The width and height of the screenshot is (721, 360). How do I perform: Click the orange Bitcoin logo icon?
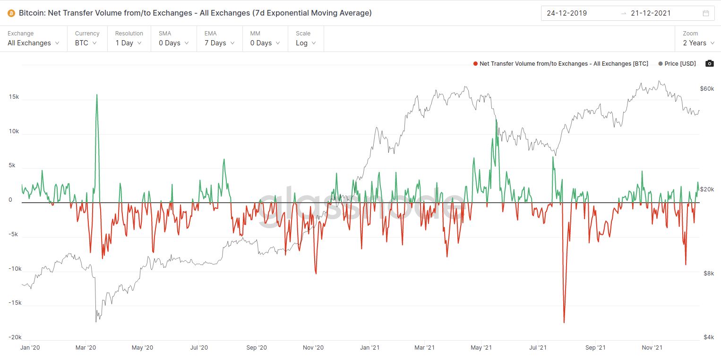11,13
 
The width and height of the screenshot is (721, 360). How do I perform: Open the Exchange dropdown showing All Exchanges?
34,43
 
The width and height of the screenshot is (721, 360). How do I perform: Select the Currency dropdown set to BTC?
86,43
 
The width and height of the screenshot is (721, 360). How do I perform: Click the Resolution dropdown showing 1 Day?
129,43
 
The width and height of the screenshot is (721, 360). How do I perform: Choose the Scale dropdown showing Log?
306,43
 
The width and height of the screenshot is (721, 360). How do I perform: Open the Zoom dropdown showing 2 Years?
698,43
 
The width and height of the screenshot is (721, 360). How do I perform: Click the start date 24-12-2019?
566,13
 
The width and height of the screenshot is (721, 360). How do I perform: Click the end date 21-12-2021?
651,13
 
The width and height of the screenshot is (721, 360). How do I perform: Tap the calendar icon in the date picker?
706,13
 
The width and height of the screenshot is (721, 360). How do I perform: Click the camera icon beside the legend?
709,63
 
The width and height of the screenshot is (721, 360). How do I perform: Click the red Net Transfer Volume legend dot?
475,63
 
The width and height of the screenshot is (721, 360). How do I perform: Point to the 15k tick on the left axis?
14,96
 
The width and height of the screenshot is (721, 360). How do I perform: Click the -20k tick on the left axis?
14,337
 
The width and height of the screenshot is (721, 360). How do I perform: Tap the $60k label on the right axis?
707,89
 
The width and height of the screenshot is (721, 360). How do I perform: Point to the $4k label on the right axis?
707,337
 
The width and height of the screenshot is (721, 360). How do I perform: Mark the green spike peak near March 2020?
97,94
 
